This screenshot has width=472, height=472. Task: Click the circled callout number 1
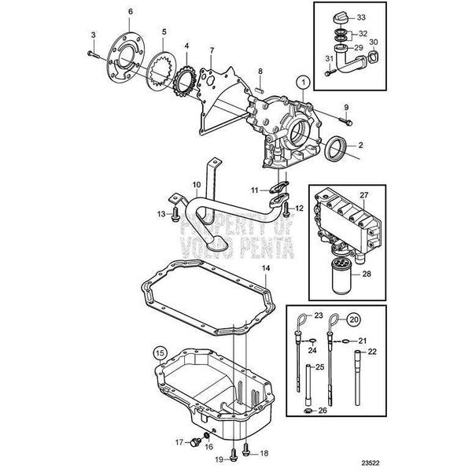coord(300,81)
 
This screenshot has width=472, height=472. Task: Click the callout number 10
coord(196,186)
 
